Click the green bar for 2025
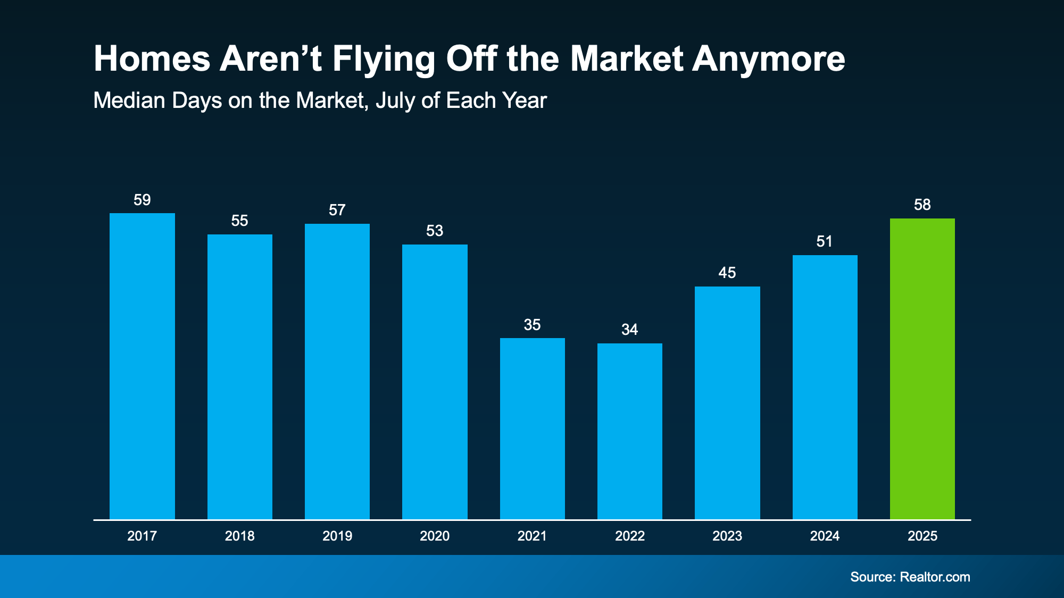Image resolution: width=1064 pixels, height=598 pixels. (922, 369)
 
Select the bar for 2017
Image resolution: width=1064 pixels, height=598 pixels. (142, 366)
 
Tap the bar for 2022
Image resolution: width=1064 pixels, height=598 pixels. (629, 431)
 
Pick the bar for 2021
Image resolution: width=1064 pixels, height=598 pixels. (532, 428)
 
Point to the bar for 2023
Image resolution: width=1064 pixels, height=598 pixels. (727, 403)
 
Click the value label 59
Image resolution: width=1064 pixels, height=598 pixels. (142, 200)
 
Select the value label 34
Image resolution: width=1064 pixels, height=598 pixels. (629, 330)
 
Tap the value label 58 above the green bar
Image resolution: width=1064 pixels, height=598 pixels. (922, 205)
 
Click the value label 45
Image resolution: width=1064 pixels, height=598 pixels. (727, 273)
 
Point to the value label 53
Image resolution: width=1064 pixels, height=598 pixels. (435, 231)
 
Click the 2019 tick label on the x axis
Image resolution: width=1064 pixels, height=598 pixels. (337, 536)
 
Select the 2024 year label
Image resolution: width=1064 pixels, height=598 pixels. (825, 536)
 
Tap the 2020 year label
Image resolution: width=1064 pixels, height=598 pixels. (435, 536)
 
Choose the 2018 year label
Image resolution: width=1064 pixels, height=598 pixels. (239, 536)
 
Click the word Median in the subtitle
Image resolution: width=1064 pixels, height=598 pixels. (128, 100)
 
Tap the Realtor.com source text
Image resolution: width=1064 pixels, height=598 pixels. (935, 577)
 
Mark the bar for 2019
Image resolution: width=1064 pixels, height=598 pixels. (337, 372)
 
